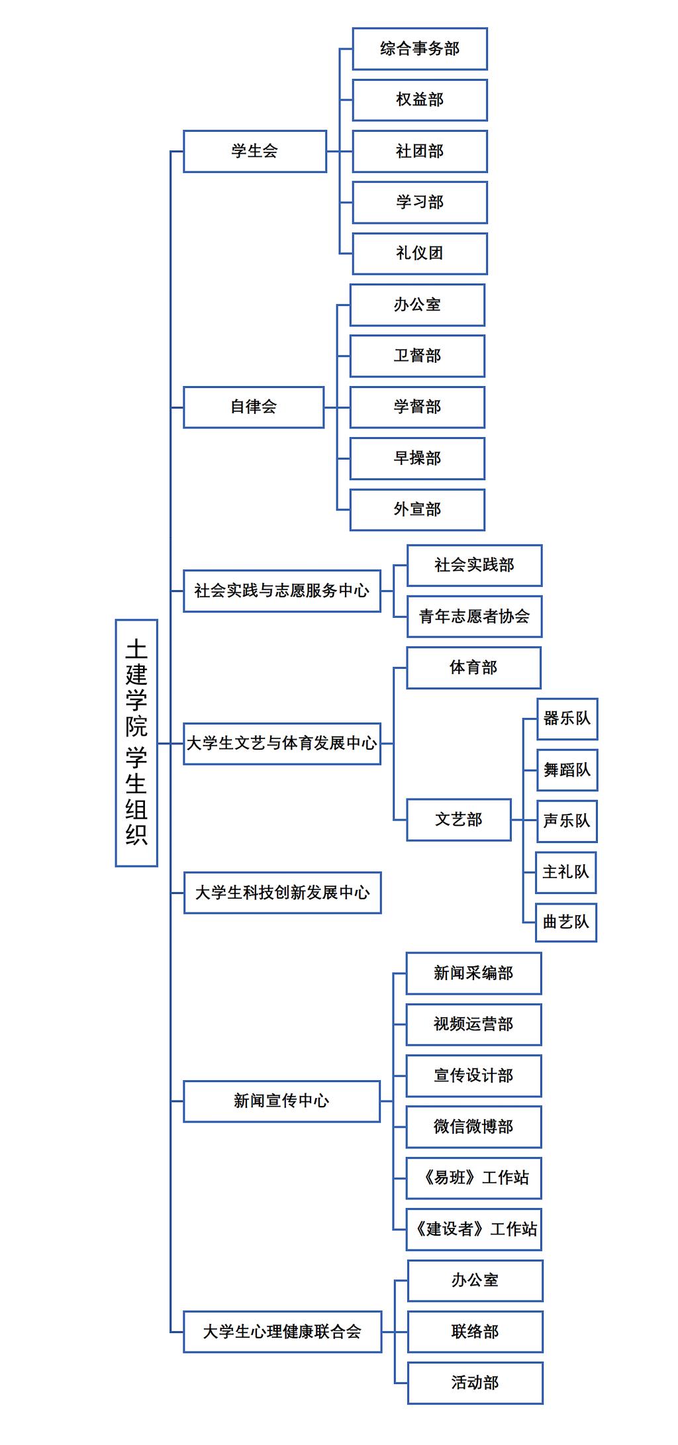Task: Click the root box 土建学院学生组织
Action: point(136,742)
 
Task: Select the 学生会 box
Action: point(255,151)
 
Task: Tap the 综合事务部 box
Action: point(420,48)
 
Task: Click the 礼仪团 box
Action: point(420,253)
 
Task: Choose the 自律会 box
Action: point(254,407)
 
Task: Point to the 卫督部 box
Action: point(417,356)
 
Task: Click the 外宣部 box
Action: point(417,509)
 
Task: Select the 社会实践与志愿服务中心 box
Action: point(282,591)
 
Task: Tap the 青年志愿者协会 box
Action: point(474,617)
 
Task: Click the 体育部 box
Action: point(473,668)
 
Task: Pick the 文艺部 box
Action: point(459,820)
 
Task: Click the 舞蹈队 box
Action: point(567,770)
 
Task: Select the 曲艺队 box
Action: point(565,922)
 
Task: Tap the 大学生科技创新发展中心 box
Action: point(283,893)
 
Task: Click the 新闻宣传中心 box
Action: point(281,1101)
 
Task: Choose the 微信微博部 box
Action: point(473,1126)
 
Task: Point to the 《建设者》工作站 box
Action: point(473,1229)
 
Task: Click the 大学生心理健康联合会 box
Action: point(282,1331)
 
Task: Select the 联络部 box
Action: point(475,1331)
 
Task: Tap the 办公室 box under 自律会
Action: point(417,305)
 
